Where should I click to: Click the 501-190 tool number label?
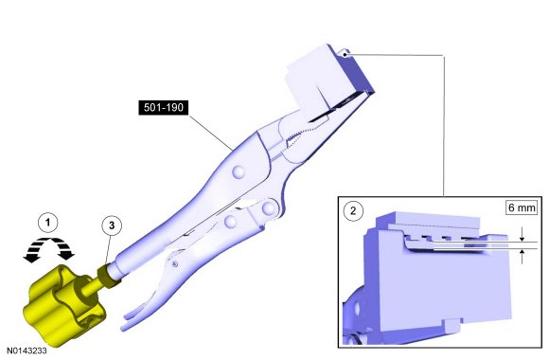pos(164,108)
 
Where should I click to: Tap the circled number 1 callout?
pos(48,223)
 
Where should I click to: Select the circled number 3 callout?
pos(112,225)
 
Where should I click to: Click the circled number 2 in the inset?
pos(353,210)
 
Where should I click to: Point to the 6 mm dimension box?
pos(522,207)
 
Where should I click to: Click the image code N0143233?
pos(27,351)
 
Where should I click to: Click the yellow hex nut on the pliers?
pos(109,275)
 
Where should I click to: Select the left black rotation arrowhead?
pos(31,258)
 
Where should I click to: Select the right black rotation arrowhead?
pos(66,255)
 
